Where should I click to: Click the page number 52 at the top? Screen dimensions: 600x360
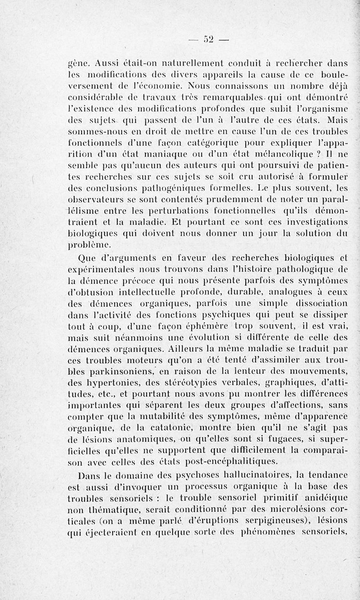click(x=208, y=38)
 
